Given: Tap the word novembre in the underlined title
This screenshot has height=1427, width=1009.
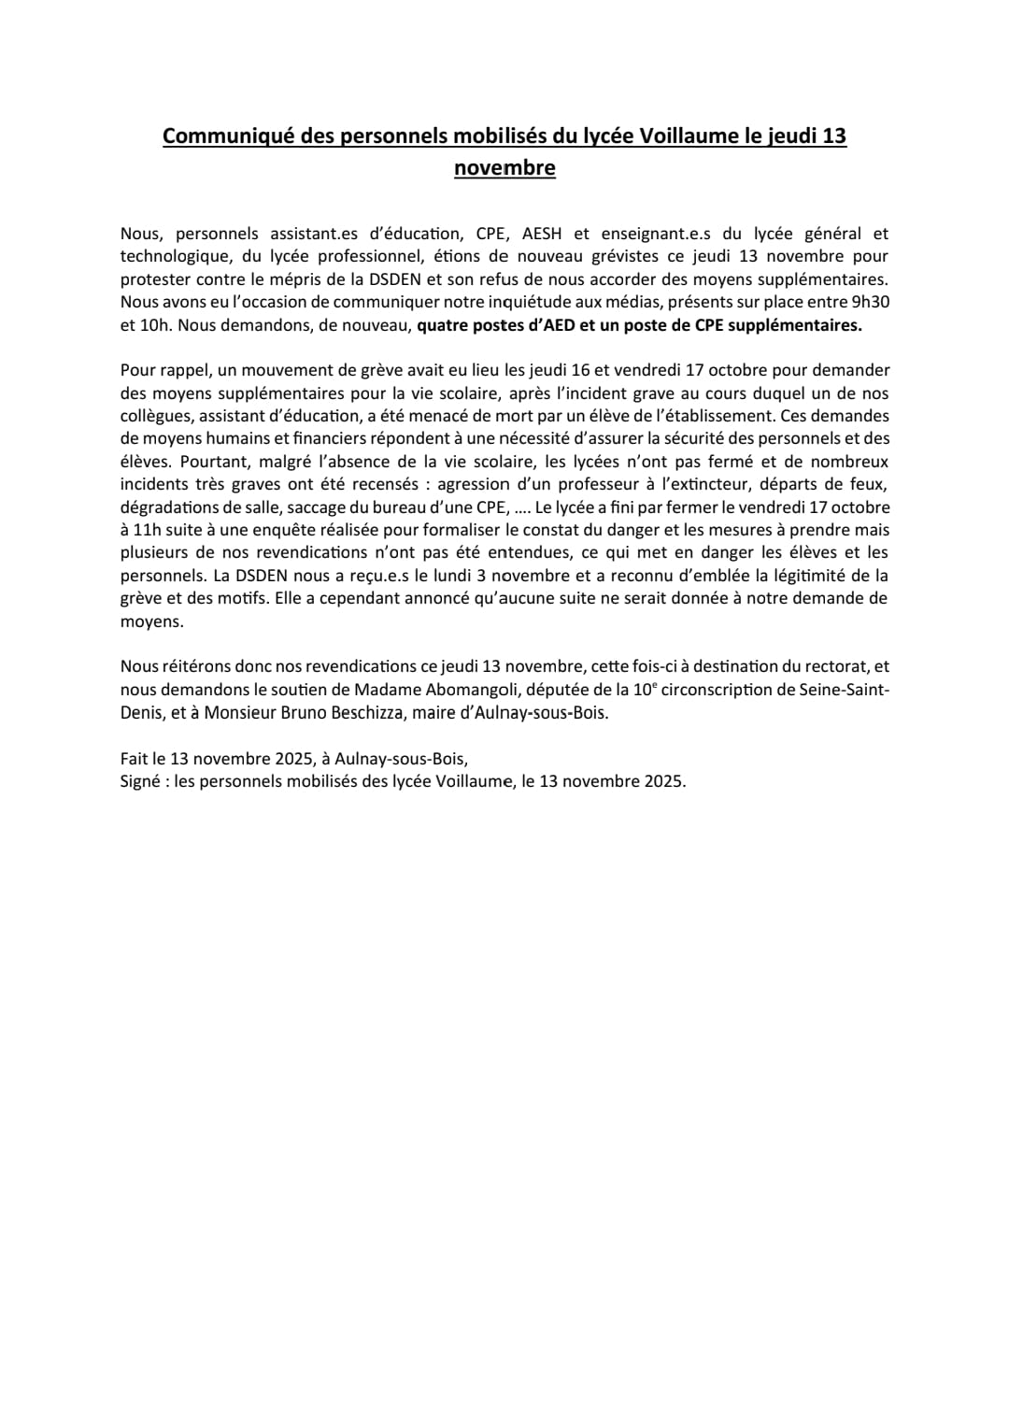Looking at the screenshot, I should tap(504, 168).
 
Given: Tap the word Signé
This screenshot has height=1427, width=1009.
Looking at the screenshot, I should tap(140, 781).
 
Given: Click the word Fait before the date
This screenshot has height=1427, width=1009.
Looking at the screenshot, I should tap(135, 759).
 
